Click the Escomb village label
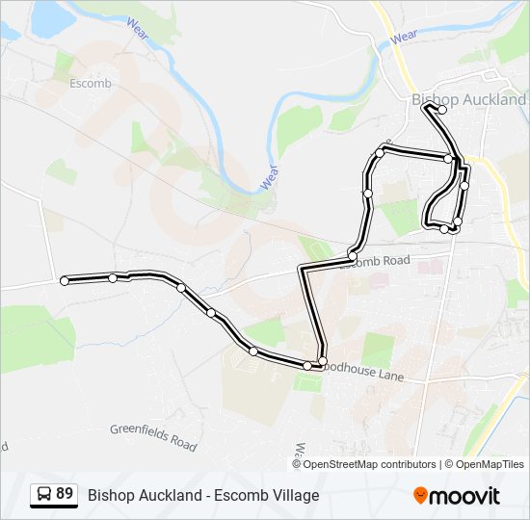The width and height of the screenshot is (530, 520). [91, 84]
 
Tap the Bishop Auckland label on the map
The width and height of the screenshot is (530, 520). [469, 99]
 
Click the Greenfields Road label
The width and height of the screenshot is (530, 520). [153, 438]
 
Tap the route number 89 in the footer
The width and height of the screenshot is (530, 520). [65, 494]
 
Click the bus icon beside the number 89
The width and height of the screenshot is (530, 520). [42, 495]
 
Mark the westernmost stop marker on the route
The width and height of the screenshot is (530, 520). [65, 281]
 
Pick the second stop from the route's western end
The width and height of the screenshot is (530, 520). [113, 278]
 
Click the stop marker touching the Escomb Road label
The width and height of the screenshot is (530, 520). [351, 255]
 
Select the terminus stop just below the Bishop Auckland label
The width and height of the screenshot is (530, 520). [442, 110]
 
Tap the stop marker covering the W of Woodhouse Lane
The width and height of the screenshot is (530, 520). [323, 361]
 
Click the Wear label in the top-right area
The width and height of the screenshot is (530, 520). [405, 37]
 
